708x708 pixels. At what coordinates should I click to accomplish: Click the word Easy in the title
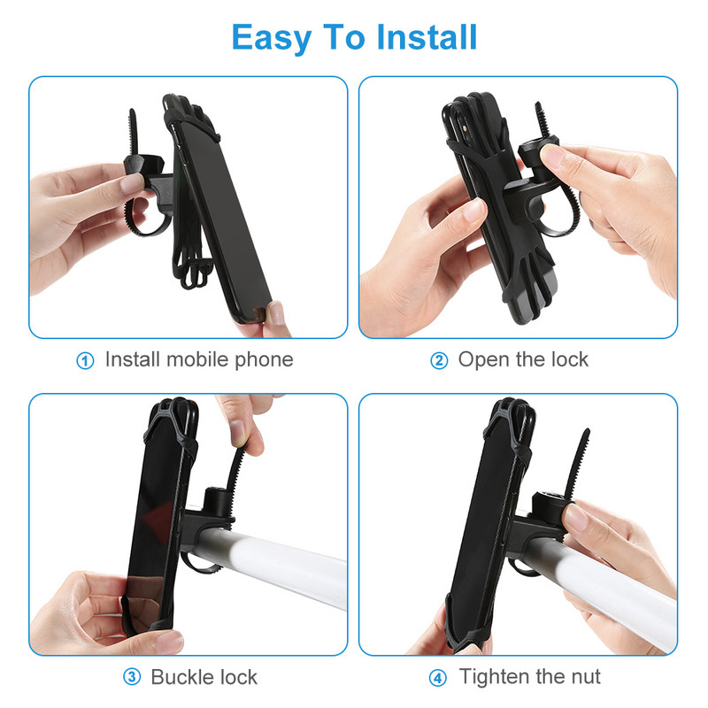[271, 38]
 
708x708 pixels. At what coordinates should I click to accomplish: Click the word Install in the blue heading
[427, 37]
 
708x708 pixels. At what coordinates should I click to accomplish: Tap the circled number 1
[85, 361]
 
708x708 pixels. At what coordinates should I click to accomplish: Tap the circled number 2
[438, 361]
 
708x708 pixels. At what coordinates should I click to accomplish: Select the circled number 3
[132, 677]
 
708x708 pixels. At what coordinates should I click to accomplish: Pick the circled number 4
[438, 678]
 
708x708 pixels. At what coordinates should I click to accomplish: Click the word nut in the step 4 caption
[585, 677]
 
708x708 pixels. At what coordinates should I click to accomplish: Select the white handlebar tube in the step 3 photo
[271, 564]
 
